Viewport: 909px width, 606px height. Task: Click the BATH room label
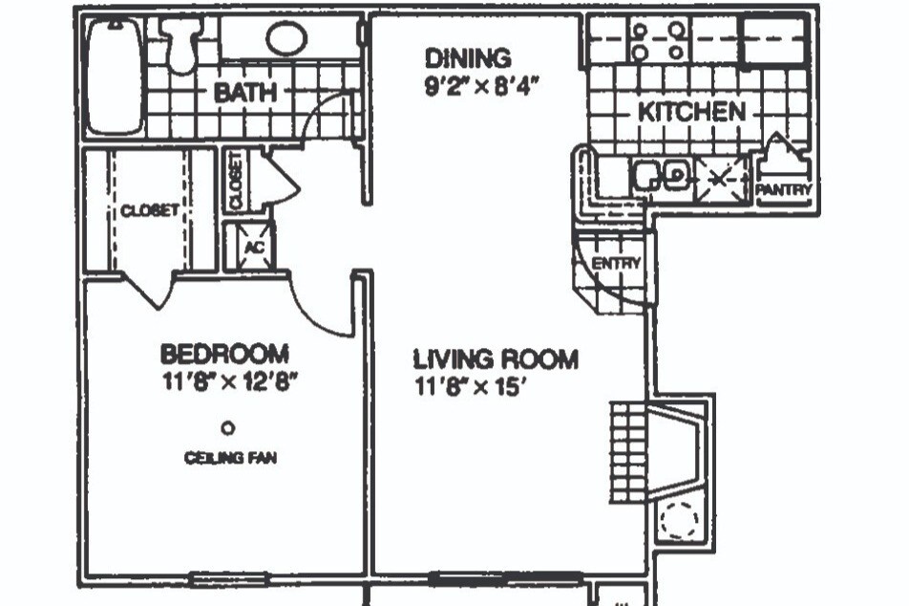(245, 93)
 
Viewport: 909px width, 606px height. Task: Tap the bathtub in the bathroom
(114, 76)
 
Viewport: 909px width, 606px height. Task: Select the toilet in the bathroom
(182, 45)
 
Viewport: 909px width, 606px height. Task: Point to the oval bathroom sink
(286, 37)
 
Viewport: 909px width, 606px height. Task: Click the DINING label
(469, 58)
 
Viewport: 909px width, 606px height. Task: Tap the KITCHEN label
(691, 112)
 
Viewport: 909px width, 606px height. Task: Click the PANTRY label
(784, 189)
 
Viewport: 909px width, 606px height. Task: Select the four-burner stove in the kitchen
(657, 41)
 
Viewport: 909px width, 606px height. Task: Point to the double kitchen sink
(661, 174)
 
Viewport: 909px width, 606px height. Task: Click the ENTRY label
(616, 264)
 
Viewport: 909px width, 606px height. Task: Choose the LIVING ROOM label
(496, 359)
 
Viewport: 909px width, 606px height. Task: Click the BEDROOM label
(224, 354)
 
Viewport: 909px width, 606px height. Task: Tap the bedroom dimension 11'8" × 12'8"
(230, 382)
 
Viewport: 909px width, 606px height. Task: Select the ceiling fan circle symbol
(228, 428)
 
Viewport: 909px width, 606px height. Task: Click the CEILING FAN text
(230, 458)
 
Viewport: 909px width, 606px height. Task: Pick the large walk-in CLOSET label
(150, 209)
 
